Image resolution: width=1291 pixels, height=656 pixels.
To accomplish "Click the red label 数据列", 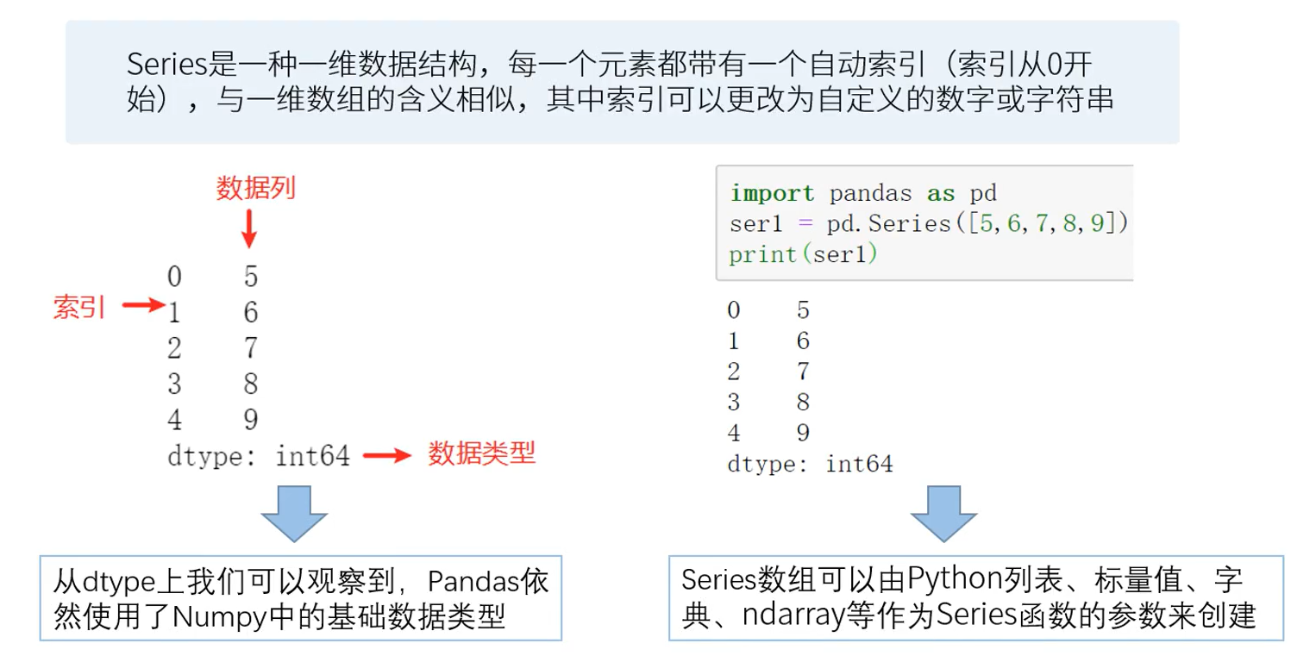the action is [x=255, y=188].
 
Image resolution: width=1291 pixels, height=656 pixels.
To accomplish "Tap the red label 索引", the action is [x=78, y=307].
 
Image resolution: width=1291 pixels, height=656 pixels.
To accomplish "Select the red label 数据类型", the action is [x=481, y=453].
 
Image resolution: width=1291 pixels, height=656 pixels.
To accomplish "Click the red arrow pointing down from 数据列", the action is [x=248, y=229].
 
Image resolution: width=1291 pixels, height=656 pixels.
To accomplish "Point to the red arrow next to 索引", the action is [x=141, y=304].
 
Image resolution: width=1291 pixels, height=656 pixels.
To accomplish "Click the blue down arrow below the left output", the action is [x=293, y=513].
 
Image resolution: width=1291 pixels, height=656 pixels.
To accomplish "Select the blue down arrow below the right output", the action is [x=945, y=513].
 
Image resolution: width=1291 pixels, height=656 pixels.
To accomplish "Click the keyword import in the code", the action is [x=771, y=193].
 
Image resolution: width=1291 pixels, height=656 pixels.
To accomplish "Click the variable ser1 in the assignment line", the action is [x=756, y=224].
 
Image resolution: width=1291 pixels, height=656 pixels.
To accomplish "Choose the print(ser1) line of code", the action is [x=802, y=255].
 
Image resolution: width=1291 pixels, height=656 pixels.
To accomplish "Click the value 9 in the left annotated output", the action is [x=250, y=420].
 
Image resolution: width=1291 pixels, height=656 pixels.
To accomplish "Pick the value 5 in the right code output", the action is [x=803, y=310].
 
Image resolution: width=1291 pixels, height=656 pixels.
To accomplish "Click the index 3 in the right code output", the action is [x=733, y=403].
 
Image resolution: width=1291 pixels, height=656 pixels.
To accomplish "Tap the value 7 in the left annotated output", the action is [x=250, y=348].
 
